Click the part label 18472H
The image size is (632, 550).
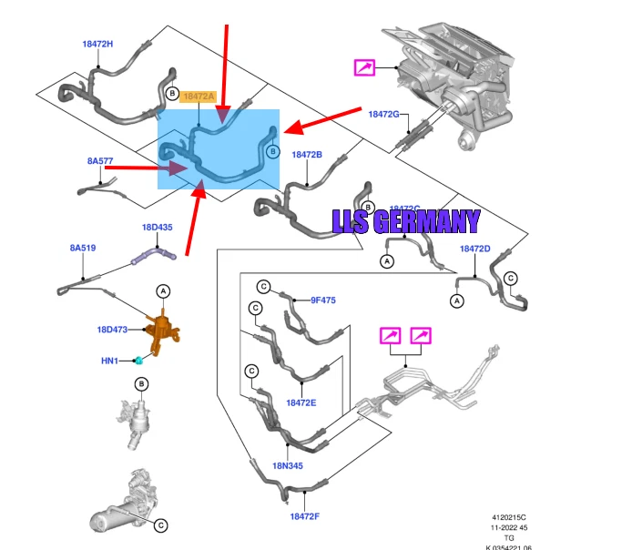point(97,44)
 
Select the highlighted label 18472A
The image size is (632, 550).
point(199,96)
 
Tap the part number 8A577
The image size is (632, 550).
point(100,161)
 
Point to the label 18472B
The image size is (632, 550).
point(307,155)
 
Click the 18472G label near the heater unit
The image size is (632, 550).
point(384,114)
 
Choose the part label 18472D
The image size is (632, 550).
point(474,249)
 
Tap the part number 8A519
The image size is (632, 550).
point(83,248)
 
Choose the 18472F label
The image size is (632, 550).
point(306,516)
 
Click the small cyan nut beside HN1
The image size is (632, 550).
point(138,361)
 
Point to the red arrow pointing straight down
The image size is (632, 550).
point(225,68)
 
